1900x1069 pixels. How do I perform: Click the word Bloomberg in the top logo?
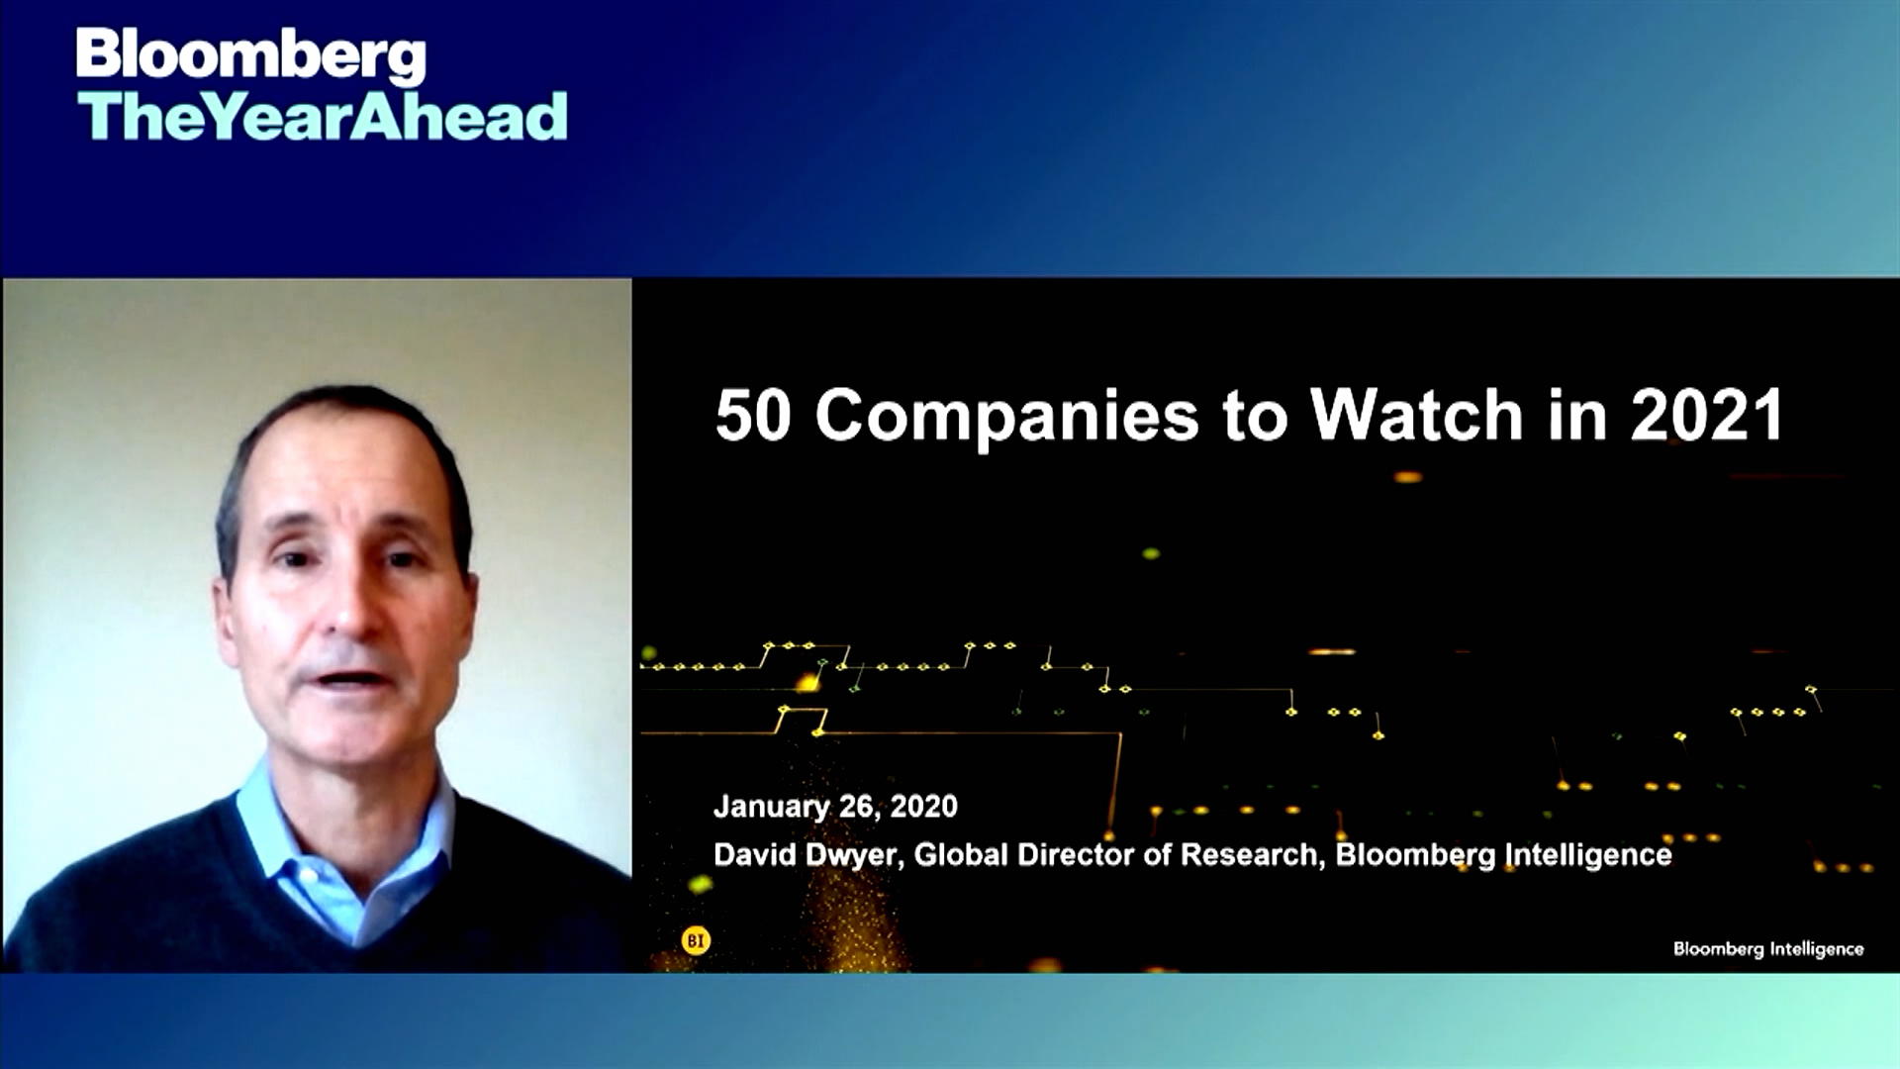point(251,55)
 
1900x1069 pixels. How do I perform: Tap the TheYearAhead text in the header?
point(323,117)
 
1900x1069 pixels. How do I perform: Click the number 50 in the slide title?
point(753,415)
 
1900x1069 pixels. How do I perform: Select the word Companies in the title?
point(1006,417)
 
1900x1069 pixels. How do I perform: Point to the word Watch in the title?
point(1416,415)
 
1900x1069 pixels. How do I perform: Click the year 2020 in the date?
point(923,807)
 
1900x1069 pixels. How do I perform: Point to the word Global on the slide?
point(961,854)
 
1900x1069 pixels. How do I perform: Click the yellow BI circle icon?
point(696,940)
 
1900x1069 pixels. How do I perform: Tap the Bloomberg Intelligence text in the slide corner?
point(1768,949)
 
